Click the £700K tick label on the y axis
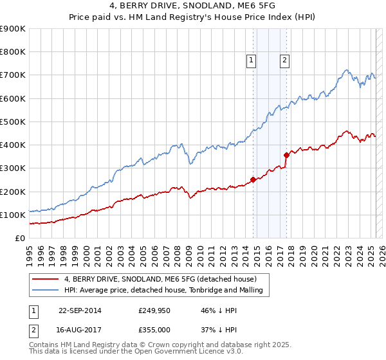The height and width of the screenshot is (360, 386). (x=13, y=75)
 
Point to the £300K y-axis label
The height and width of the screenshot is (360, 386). (x=13, y=168)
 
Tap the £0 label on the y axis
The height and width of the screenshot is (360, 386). (x=20, y=239)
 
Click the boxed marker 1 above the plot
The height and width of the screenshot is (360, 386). (x=251, y=61)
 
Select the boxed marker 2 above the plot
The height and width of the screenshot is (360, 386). (x=284, y=61)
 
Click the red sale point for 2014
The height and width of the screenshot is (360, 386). (x=253, y=180)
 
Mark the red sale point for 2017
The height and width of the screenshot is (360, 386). (x=286, y=155)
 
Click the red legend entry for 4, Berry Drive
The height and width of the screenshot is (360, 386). (x=160, y=279)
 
